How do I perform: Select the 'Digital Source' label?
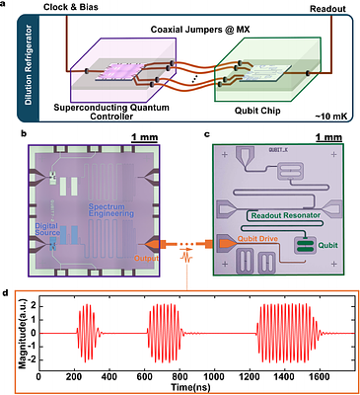(50, 229)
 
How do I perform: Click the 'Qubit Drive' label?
(262, 240)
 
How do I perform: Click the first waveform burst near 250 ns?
(86, 332)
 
